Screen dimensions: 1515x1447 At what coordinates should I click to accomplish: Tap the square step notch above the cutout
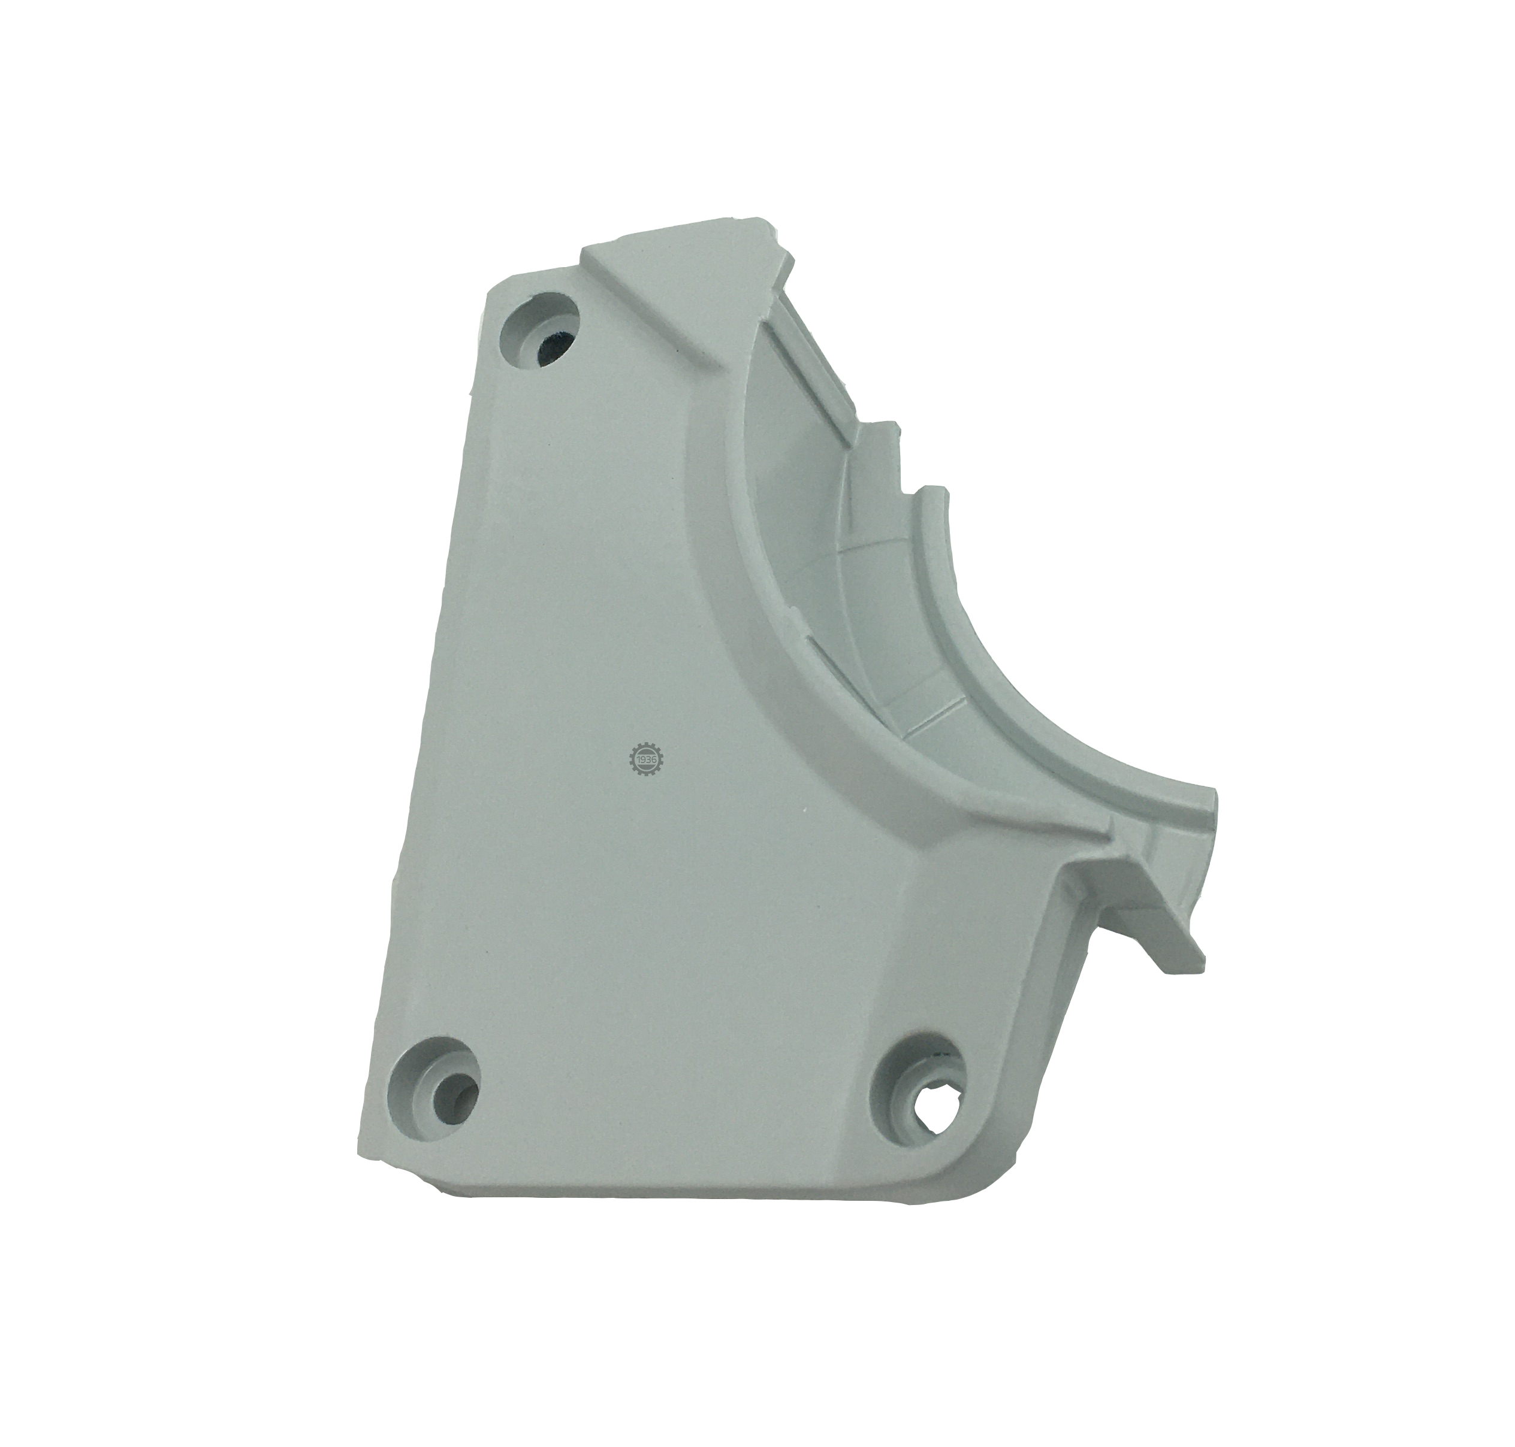(880, 440)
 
